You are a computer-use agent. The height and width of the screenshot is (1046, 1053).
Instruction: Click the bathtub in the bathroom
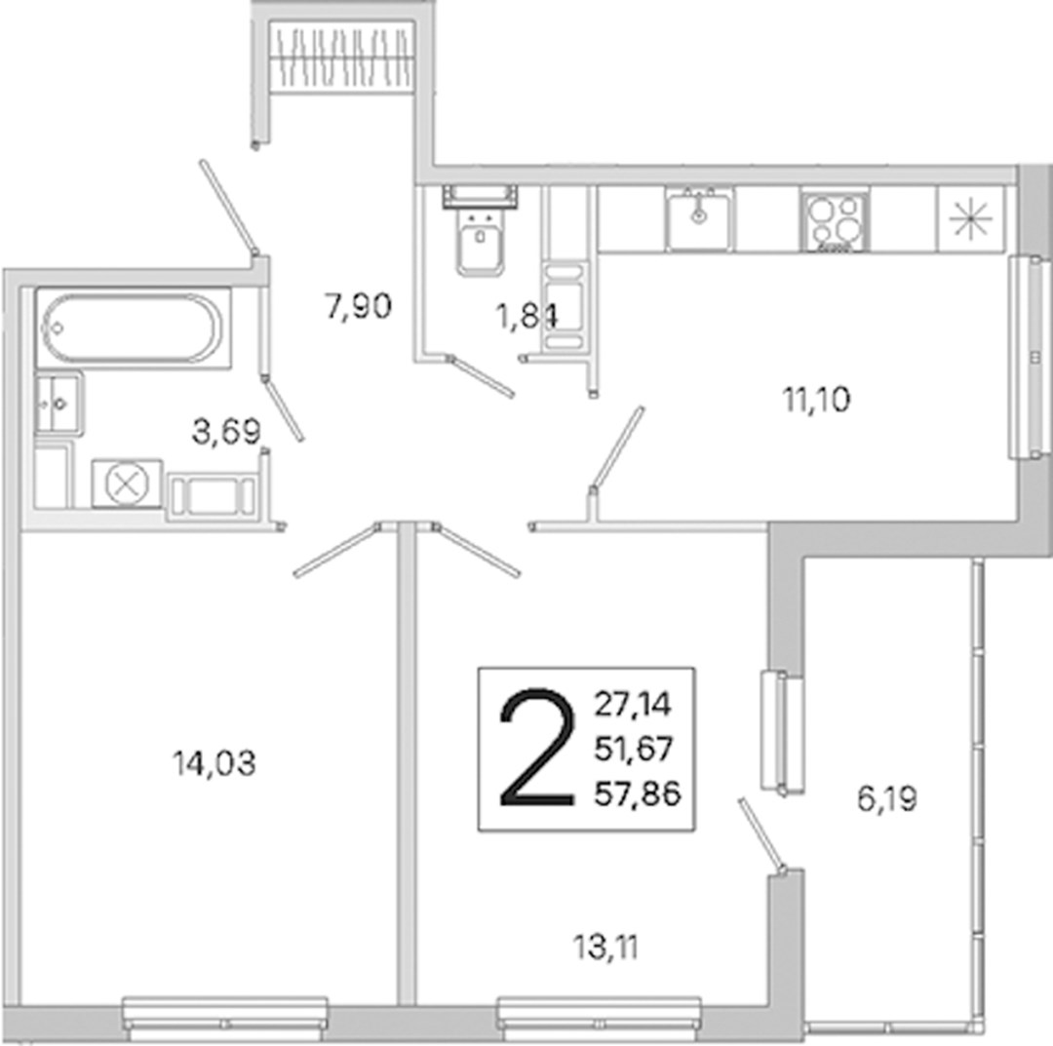click(x=133, y=328)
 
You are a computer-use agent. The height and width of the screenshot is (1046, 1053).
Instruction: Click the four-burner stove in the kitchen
click(x=835, y=219)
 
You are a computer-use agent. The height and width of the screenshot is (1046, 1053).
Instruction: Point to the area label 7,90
click(x=359, y=307)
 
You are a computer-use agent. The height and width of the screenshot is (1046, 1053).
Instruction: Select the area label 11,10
click(x=817, y=400)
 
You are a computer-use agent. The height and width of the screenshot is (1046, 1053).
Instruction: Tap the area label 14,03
click(x=214, y=763)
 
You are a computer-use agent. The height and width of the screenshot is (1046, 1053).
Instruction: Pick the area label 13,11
click(x=605, y=948)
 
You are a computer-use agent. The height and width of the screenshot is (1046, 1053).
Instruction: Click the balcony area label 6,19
click(x=887, y=799)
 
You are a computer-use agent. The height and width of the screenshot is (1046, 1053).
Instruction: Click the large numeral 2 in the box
click(x=537, y=747)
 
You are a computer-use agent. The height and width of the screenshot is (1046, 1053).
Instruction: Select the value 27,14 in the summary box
click(x=633, y=704)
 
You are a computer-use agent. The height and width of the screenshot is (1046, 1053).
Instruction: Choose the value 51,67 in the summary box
click(x=634, y=749)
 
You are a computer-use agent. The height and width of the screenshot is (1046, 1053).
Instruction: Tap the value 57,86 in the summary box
click(x=638, y=794)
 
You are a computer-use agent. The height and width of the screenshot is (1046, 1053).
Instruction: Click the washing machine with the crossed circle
click(x=126, y=484)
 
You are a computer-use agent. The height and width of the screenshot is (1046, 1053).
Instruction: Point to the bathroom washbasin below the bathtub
click(x=59, y=404)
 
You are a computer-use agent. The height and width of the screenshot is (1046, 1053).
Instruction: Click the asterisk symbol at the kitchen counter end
click(x=971, y=219)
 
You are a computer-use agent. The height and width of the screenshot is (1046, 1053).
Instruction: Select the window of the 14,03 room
click(x=225, y=1021)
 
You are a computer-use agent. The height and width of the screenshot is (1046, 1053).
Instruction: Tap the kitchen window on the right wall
click(x=1031, y=357)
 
